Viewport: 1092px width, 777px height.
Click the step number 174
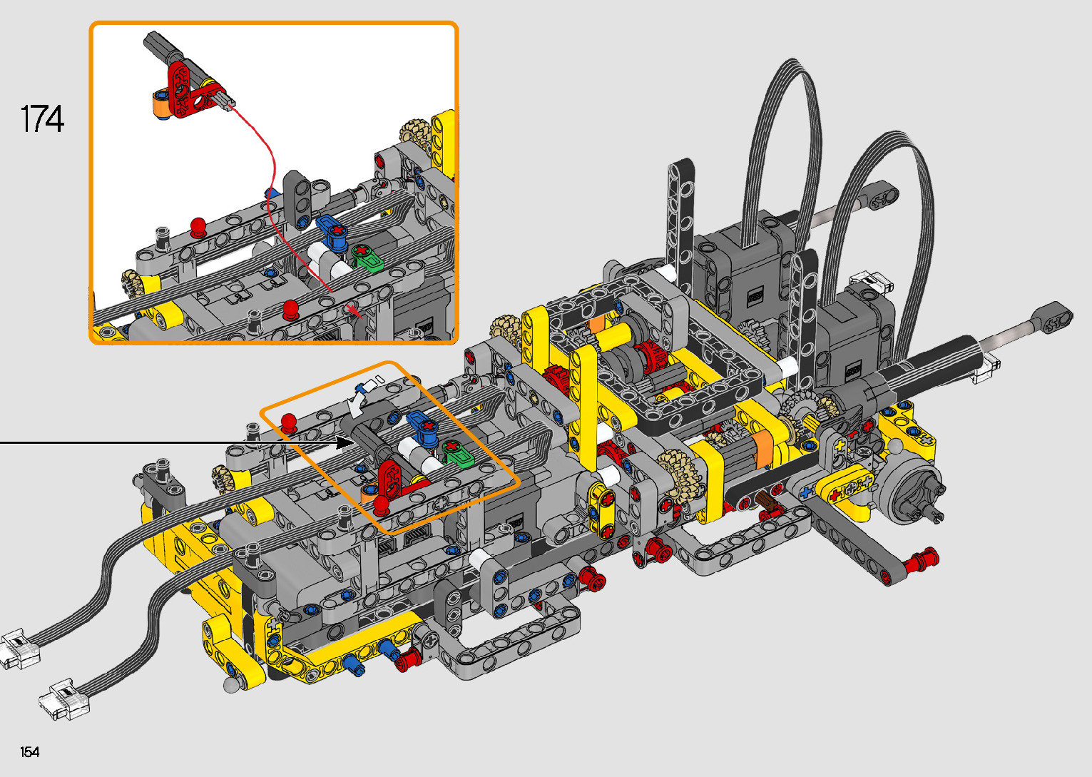pos(42,119)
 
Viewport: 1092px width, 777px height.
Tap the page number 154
pos(30,751)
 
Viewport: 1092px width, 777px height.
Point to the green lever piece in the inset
pos(367,258)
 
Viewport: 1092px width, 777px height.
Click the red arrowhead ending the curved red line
pos(354,310)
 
